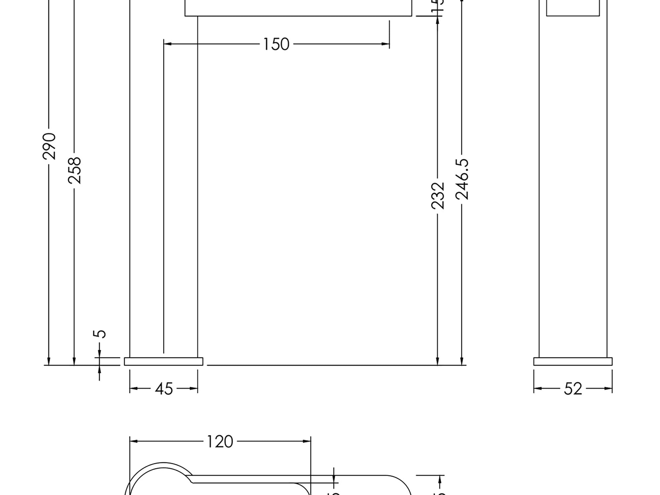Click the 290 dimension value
[x=49, y=146]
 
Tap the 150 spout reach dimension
[x=276, y=44]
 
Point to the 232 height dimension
[x=438, y=196]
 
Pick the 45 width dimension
[x=164, y=389]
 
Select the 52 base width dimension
[x=573, y=389]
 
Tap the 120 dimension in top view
[x=220, y=442]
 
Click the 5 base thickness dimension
[x=100, y=334]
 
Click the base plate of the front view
[x=164, y=361]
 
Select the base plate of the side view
[x=573, y=361]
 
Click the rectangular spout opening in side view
[x=573, y=7]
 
